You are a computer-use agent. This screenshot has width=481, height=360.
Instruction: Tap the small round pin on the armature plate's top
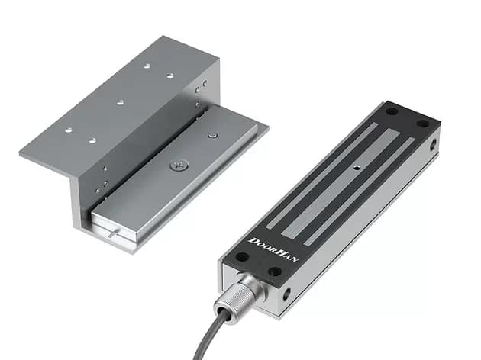[x=212, y=136]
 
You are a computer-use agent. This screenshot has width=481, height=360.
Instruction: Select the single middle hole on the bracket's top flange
[x=120, y=101]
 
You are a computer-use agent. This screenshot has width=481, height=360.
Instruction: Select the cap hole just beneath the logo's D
[x=242, y=257]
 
